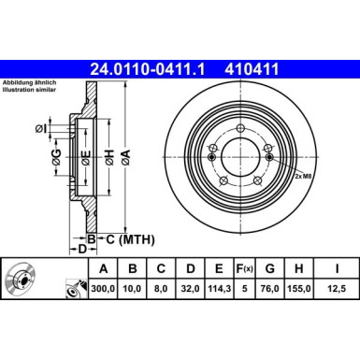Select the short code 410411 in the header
pyautogui.click(x=254, y=67)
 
